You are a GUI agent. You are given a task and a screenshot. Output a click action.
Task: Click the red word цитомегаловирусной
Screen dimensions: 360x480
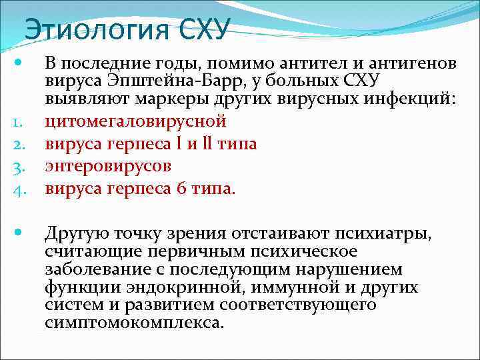click(x=135, y=122)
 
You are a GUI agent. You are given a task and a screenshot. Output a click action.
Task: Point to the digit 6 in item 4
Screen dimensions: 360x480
click(x=182, y=189)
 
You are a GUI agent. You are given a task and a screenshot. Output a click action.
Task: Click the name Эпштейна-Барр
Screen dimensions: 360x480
click(x=157, y=82)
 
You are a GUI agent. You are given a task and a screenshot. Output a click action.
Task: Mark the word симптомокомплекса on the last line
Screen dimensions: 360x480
click(x=134, y=323)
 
